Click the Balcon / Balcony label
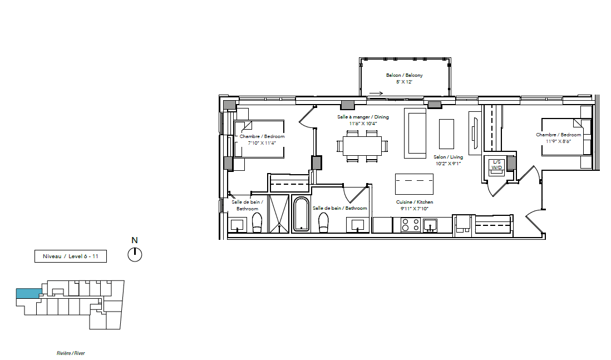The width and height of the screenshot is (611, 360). [x=404, y=75]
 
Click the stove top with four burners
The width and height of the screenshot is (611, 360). [x=411, y=225]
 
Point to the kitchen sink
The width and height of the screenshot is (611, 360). [x=430, y=225]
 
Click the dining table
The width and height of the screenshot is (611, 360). [x=362, y=146]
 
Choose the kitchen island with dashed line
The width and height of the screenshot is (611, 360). [x=414, y=184]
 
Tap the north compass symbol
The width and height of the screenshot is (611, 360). [x=135, y=254]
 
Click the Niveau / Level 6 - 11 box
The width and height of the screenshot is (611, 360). [x=71, y=257]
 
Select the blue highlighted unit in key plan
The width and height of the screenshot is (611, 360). [x=28, y=294]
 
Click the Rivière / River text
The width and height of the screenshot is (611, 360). [x=71, y=353]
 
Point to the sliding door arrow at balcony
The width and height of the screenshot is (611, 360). [x=376, y=93]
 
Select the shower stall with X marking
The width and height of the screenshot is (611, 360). [x=279, y=214]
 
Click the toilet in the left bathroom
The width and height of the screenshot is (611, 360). [x=257, y=223]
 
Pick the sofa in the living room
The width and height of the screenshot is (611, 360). [x=415, y=133]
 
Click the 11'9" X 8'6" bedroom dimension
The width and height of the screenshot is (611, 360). [x=558, y=141]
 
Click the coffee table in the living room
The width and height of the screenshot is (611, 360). [x=446, y=134]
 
